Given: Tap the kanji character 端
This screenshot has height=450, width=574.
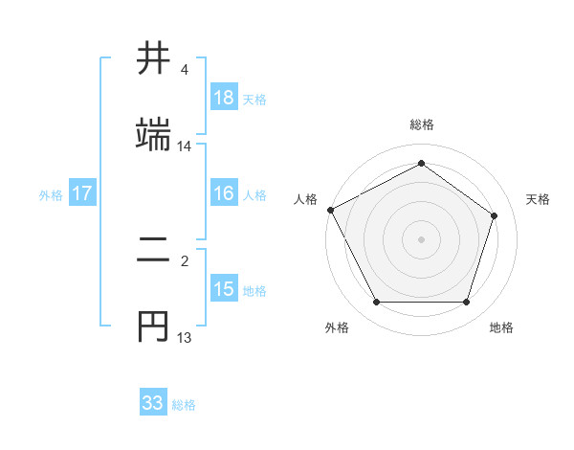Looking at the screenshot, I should point(154,134).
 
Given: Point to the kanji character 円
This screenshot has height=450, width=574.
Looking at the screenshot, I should point(154,326).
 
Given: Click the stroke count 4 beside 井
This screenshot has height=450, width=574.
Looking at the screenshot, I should point(185,71).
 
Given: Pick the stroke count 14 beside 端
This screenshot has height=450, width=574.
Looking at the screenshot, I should point(185,146).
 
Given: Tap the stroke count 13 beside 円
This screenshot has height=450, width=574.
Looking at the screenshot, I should point(185,337).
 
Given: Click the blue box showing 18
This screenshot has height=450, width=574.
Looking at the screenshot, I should point(224,98).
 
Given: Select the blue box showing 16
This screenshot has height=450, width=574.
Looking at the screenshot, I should point(224,194).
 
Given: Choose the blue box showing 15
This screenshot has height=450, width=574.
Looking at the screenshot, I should point(224,289).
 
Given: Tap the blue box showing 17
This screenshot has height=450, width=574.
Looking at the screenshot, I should point(82,194).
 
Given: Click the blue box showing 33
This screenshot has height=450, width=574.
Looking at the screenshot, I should point(153,403).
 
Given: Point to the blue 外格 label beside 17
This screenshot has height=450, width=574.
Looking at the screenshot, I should point(51,195).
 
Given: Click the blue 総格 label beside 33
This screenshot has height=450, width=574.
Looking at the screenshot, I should point(184,405).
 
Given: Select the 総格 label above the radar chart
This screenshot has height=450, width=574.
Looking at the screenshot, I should point(422,124).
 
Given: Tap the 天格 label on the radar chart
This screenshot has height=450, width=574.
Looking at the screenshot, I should point(539,199).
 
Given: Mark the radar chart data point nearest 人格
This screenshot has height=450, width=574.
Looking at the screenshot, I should point(331,210).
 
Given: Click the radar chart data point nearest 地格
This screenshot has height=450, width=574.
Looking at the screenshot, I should point(467,303).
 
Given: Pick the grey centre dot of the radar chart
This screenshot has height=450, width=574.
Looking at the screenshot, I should point(422,239).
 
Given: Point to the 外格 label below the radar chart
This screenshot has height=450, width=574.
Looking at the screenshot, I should point(337,327).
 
